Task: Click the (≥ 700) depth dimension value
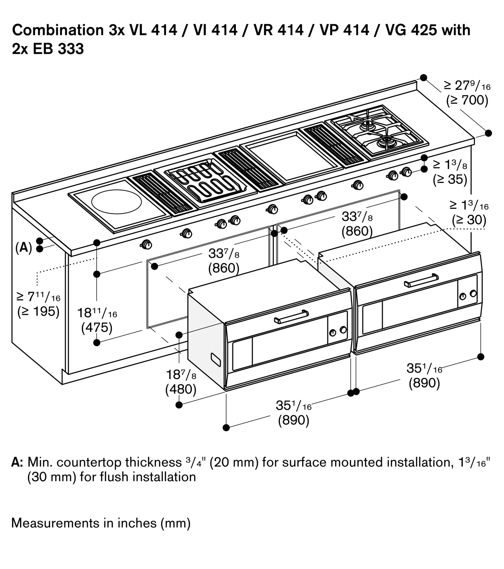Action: click(467, 100)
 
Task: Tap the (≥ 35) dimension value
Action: click(450, 180)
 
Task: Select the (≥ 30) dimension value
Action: click(469, 220)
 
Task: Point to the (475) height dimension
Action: click(97, 328)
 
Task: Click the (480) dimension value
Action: click(181, 389)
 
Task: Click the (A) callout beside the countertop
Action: click(24, 248)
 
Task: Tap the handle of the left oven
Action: click(291, 317)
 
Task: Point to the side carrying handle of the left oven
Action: click(216, 360)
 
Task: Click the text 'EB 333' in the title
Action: click(58, 49)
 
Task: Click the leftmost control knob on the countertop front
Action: click(147, 244)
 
